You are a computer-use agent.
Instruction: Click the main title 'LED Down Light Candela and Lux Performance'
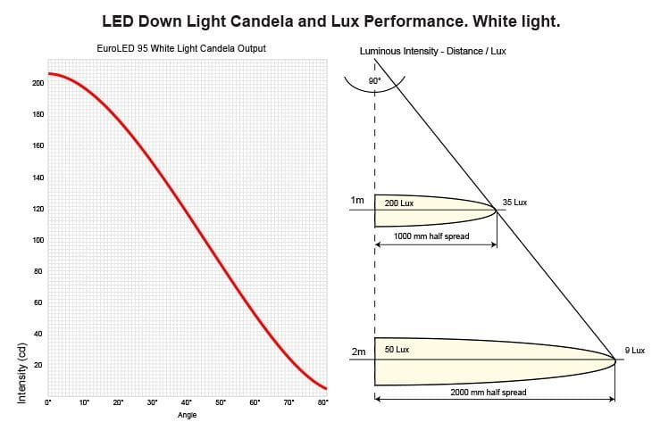330,20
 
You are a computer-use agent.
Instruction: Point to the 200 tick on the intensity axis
38,83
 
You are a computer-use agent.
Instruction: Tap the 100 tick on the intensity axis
38,241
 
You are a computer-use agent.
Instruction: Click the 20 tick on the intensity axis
38,366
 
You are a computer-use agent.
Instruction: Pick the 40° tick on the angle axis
187,402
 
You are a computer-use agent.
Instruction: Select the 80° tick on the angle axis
323,402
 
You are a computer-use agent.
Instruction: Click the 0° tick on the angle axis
49,402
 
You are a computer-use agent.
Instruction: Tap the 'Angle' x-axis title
187,414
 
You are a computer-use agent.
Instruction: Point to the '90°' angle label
374,81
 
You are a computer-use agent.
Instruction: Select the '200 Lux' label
398,203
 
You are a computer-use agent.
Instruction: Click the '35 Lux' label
514,203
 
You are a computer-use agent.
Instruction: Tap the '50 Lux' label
397,350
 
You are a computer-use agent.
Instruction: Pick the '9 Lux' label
633,351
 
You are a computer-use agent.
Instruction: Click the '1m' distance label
358,201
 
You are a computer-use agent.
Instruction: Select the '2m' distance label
358,352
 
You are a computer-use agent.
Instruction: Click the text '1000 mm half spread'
431,236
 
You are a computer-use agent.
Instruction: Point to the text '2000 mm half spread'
489,393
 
